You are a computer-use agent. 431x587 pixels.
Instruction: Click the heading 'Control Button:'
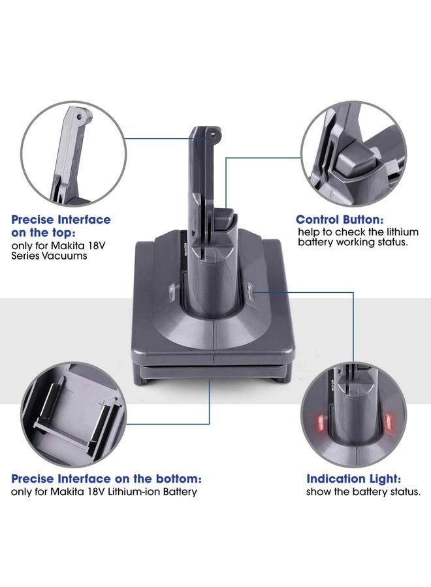coord(340,220)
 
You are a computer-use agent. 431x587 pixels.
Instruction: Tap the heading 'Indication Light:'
coord(354,479)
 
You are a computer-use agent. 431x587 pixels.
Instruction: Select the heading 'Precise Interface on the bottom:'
coord(106,479)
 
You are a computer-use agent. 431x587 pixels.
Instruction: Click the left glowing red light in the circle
coord(321,422)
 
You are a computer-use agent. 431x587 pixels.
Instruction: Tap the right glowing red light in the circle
coord(389,421)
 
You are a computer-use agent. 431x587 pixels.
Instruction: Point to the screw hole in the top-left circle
coord(79,117)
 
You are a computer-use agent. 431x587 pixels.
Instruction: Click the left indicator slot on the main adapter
coord(171,293)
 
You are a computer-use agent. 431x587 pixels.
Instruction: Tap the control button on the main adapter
coord(225,220)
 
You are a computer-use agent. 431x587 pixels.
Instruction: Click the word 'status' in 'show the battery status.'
coord(407,492)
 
